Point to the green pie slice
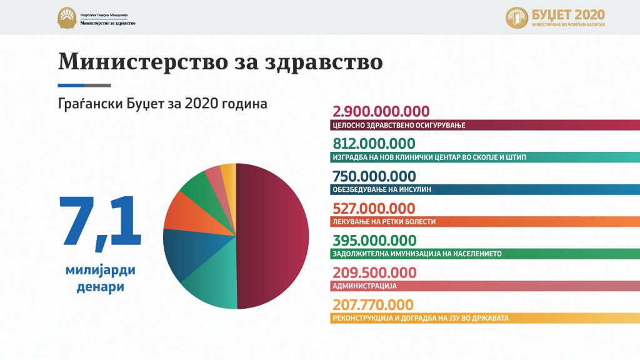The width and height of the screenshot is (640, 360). pyautogui.click(x=199, y=187)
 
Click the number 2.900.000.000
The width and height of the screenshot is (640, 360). pyautogui.click(x=381, y=112)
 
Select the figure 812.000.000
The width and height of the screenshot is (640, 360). pyautogui.click(x=374, y=144)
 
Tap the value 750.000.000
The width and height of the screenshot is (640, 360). pyautogui.click(x=374, y=176)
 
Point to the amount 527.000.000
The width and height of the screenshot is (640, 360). pyautogui.click(x=374, y=208)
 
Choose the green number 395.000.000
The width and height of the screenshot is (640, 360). pyautogui.click(x=374, y=241)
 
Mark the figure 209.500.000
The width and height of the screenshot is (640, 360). pyautogui.click(x=374, y=272)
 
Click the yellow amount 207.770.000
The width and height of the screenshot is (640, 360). pyautogui.click(x=373, y=305)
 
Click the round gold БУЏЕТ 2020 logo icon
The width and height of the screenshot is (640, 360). pyautogui.click(x=517, y=18)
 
